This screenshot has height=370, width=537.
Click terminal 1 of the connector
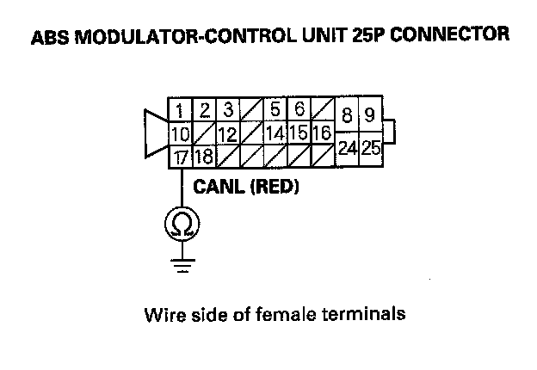[x=180, y=111]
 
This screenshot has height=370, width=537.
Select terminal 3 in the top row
[x=228, y=110]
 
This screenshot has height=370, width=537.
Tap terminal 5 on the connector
[x=275, y=110]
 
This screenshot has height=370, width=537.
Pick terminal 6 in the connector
[x=299, y=110]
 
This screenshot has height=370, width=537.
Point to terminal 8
[x=347, y=116]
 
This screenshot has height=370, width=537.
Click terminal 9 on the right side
[x=370, y=116]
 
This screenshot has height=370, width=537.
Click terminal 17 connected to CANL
[x=180, y=157]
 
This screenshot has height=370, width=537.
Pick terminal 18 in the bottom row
[x=204, y=157]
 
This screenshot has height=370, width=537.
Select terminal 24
[x=348, y=147]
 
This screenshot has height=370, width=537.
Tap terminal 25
[x=371, y=147]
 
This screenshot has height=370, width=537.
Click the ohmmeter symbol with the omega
[x=181, y=225]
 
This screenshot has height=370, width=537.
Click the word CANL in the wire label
[x=219, y=186]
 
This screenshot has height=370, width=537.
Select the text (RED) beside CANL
[x=273, y=186]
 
